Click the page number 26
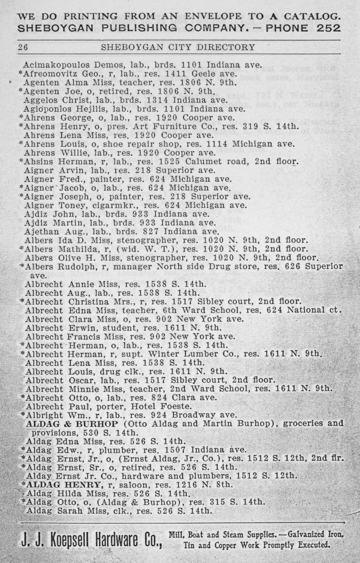tap(23, 47)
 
